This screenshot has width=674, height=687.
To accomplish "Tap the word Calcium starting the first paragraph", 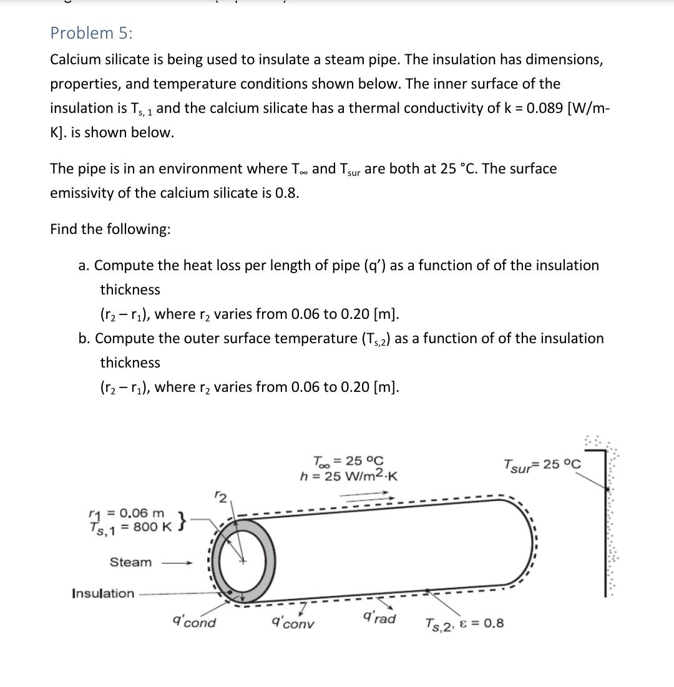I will click(75, 60).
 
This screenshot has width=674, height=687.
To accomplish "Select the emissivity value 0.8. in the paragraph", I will click(286, 193).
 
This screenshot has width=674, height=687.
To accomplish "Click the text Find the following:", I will click(110, 229).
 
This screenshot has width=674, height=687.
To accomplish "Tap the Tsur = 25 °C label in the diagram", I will click(541, 465).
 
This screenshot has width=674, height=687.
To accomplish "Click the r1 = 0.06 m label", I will click(127, 513).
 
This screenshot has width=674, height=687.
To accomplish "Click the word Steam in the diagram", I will click(130, 562).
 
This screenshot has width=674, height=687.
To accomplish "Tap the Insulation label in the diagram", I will click(103, 593).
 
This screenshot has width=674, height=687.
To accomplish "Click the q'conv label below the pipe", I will click(293, 623).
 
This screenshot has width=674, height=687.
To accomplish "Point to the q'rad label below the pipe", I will click(379, 618).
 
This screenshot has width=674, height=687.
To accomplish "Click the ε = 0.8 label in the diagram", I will click(484, 623).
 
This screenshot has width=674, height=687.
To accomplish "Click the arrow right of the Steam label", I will click(178, 563).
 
